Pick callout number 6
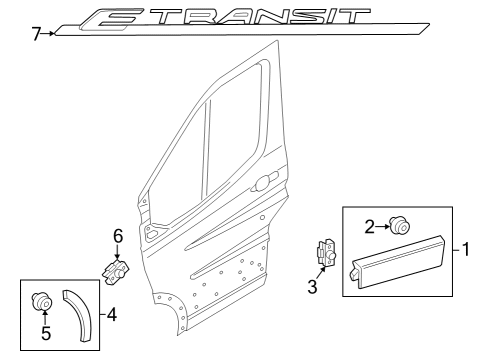(117, 236)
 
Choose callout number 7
(36, 34)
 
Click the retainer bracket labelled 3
(325, 255)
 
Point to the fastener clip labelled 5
(43, 297)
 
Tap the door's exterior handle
(265, 182)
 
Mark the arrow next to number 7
(49, 34)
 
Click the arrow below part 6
(117, 252)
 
